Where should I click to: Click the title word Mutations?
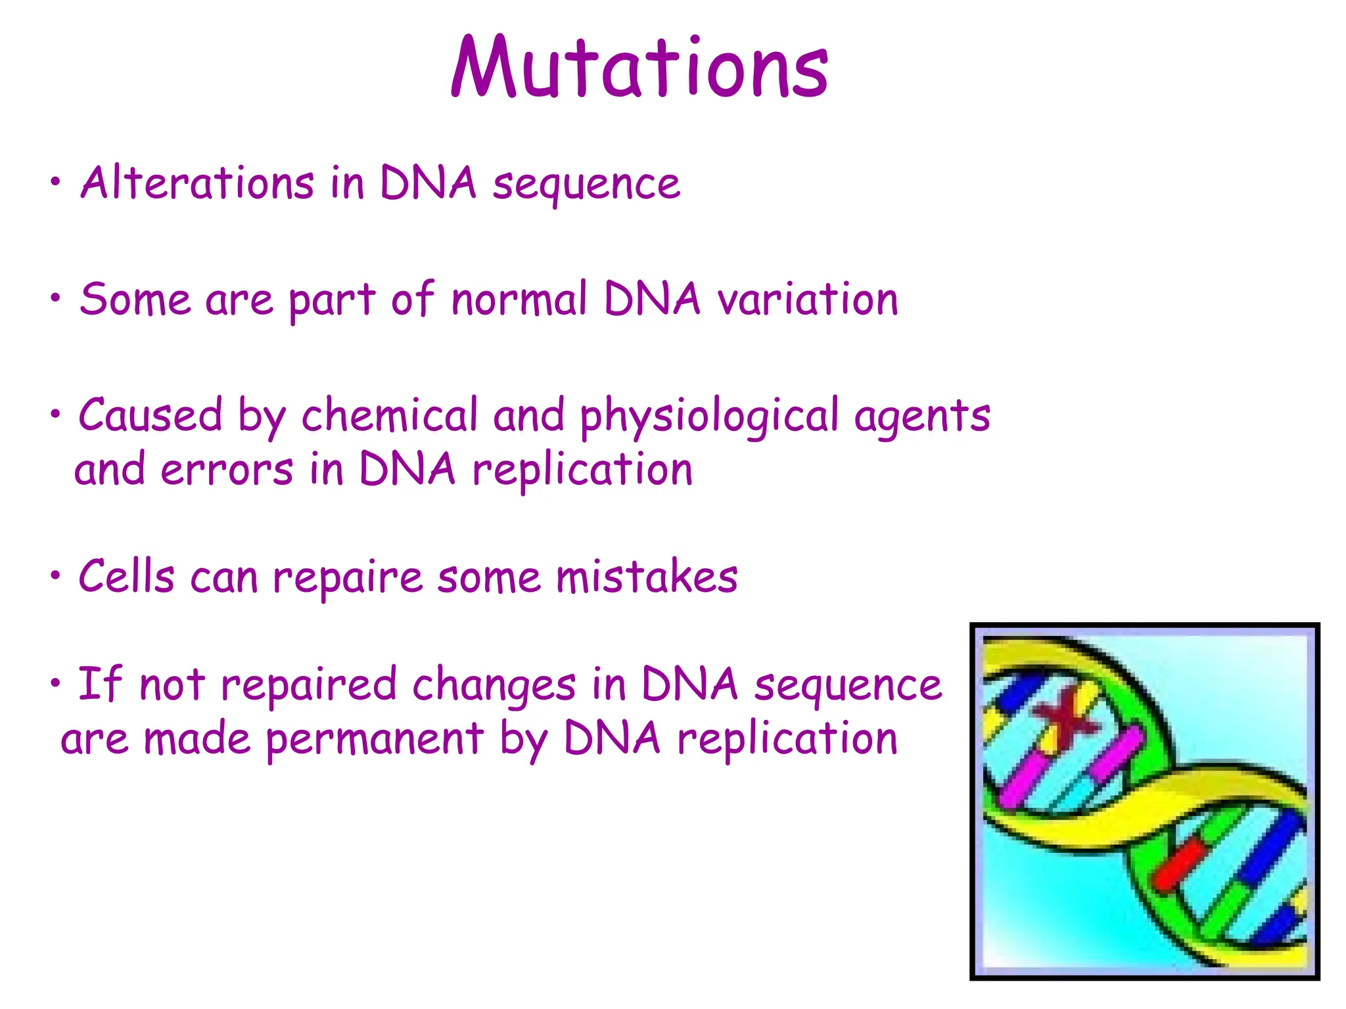point(639,68)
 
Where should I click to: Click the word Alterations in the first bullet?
point(197,183)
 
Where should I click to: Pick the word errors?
point(227,470)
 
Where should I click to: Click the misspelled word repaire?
point(348,578)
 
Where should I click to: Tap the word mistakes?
point(647,577)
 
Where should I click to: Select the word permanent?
point(375,738)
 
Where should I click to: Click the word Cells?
point(126,577)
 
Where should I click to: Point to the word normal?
point(519,300)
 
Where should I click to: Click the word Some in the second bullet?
point(135,300)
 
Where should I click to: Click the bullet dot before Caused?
point(56,414)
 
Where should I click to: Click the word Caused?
point(151,415)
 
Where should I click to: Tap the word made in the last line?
point(197,738)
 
